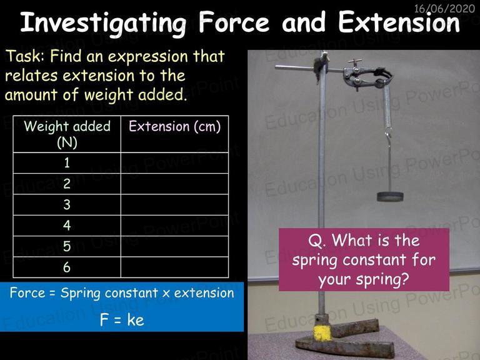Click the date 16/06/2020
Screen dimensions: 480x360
tap(444, 9)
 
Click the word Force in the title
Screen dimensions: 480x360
tap(234, 22)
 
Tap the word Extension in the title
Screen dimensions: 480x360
tap(399, 22)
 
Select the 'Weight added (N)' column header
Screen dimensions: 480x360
tap(67, 134)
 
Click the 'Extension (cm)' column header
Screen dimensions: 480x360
tap(175, 126)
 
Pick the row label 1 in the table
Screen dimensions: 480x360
tap(67, 163)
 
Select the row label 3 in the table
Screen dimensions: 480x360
tap(67, 204)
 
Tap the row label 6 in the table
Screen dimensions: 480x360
tap(67, 267)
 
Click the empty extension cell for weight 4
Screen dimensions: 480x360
tap(175, 226)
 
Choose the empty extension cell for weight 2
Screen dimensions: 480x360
tap(175, 184)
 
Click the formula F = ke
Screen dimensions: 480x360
tap(122, 320)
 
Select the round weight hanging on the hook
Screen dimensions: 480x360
tap(390, 196)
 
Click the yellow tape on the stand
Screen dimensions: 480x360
tap(322, 332)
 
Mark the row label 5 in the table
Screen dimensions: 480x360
tap(67, 246)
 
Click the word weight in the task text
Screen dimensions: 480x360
tap(109, 94)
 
